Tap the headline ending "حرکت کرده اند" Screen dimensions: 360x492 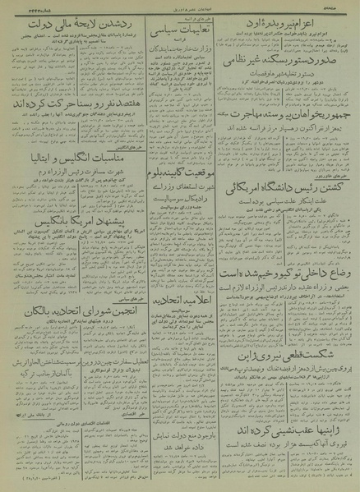66,107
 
